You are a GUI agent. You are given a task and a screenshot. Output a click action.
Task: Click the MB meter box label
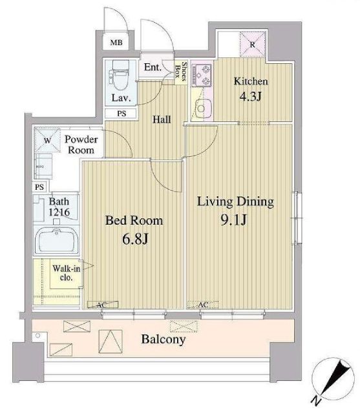point(116,43)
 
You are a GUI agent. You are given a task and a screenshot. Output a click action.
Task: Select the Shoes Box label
point(181,71)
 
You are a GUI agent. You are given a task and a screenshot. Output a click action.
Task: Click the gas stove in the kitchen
point(202,75)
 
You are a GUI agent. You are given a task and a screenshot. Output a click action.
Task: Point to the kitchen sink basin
point(201,108)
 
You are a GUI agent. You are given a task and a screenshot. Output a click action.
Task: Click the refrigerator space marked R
point(253,45)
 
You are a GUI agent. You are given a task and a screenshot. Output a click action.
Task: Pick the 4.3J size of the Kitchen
point(251,97)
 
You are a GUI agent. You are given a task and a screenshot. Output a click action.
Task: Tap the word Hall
point(162,119)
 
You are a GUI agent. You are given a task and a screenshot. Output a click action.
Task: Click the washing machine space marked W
point(47,140)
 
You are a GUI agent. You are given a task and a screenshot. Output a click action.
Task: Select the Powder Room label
point(81,145)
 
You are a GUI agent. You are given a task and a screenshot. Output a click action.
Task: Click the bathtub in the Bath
point(57,240)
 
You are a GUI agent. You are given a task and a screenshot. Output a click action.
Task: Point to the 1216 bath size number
point(59,212)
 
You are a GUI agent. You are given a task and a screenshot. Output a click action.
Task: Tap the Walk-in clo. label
point(66,272)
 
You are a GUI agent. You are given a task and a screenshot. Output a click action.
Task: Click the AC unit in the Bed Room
point(102,305)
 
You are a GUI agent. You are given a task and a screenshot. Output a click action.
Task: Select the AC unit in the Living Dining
point(203,305)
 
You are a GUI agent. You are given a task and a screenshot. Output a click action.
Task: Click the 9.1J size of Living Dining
point(233,220)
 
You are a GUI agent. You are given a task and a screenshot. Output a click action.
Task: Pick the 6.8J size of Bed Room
point(135,239)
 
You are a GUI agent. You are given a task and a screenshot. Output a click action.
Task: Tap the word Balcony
point(164,340)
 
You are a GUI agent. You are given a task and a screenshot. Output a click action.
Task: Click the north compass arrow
point(332,381)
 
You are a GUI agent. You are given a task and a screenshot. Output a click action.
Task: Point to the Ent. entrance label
point(153,67)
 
